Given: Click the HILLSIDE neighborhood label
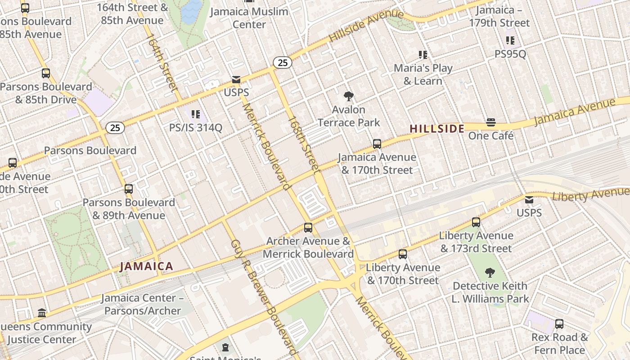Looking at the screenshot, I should pyautogui.click(x=437, y=129).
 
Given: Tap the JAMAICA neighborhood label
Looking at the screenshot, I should pyautogui.click(x=146, y=266).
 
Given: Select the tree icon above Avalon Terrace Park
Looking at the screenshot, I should pyautogui.click(x=348, y=96).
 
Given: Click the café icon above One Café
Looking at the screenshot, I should pyautogui.click(x=490, y=122).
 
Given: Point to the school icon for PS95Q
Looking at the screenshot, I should pyautogui.click(x=510, y=40).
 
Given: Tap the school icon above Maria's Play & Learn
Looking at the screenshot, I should pyautogui.click(x=423, y=55).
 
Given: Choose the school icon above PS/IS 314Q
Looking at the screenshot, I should pyautogui.click(x=195, y=114).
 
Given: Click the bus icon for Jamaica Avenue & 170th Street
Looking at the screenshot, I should pyautogui.click(x=377, y=144).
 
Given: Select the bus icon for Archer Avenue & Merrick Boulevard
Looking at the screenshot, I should pyautogui.click(x=308, y=228).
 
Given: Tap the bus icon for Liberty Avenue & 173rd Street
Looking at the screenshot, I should pyautogui.click(x=476, y=222).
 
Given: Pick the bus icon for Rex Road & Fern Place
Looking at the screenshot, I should pyautogui.click(x=559, y=324).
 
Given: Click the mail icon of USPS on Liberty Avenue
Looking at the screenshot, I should pyautogui.click(x=529, y=199).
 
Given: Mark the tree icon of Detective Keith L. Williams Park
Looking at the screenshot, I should pyautogui.click(x=490, y=272).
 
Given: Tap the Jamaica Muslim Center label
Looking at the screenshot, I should pyautogui.click(x=256, y=18).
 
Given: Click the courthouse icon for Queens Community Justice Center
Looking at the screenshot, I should pyautogui.click(x=42, y=313).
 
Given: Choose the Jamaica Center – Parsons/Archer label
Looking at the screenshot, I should pyautogui.click(x=142, y=304).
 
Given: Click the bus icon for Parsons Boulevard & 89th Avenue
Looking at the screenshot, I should pyautogui.click(x=129, y=189).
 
